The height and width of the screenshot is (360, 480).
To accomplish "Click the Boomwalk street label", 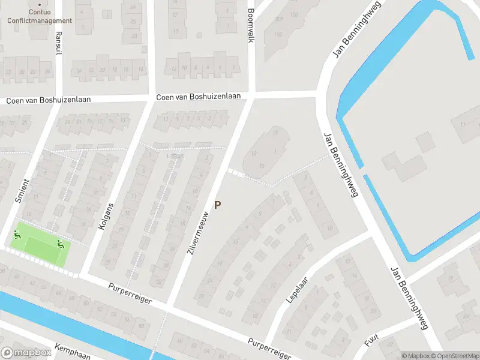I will tap(251, 25).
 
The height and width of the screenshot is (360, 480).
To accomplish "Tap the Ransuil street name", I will tap(58, 43).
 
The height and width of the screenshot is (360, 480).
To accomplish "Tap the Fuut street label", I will tap(371, 340).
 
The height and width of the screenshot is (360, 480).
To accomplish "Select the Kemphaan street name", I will tap(72, 351).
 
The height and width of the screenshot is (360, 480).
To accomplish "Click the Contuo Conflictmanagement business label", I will tap(40, 16).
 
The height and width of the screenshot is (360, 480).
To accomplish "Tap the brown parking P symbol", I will tap(218, 205).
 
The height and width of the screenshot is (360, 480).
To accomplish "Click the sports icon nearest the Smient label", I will tap(17, 235).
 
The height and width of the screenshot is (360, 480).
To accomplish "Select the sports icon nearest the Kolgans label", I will tap(59, 243).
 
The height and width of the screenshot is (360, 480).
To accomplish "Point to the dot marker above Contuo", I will tap(40, 5).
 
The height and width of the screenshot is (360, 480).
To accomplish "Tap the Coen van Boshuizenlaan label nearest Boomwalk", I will tap(198, 97).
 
